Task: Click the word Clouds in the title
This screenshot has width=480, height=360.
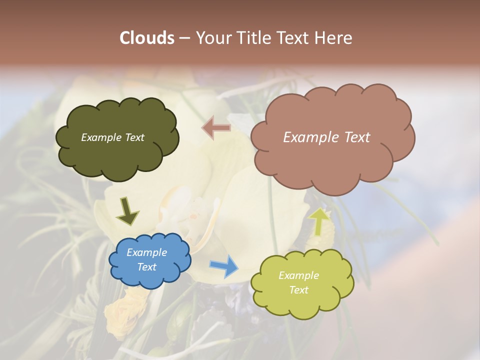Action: point(146,38)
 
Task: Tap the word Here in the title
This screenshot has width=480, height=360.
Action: point(335,38)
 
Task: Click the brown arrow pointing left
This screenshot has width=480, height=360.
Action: point(216,127)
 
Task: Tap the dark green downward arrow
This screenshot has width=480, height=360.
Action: point(127,210)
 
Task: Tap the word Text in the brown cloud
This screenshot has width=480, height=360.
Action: point(357,137)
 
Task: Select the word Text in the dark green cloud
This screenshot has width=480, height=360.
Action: point(134,137)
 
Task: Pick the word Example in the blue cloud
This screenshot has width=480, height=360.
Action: point(147,252)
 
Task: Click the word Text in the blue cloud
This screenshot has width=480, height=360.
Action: point(147,267)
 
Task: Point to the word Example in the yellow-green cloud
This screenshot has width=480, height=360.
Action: point(299,275)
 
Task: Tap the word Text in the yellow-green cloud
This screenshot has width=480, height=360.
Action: point(299,290)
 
